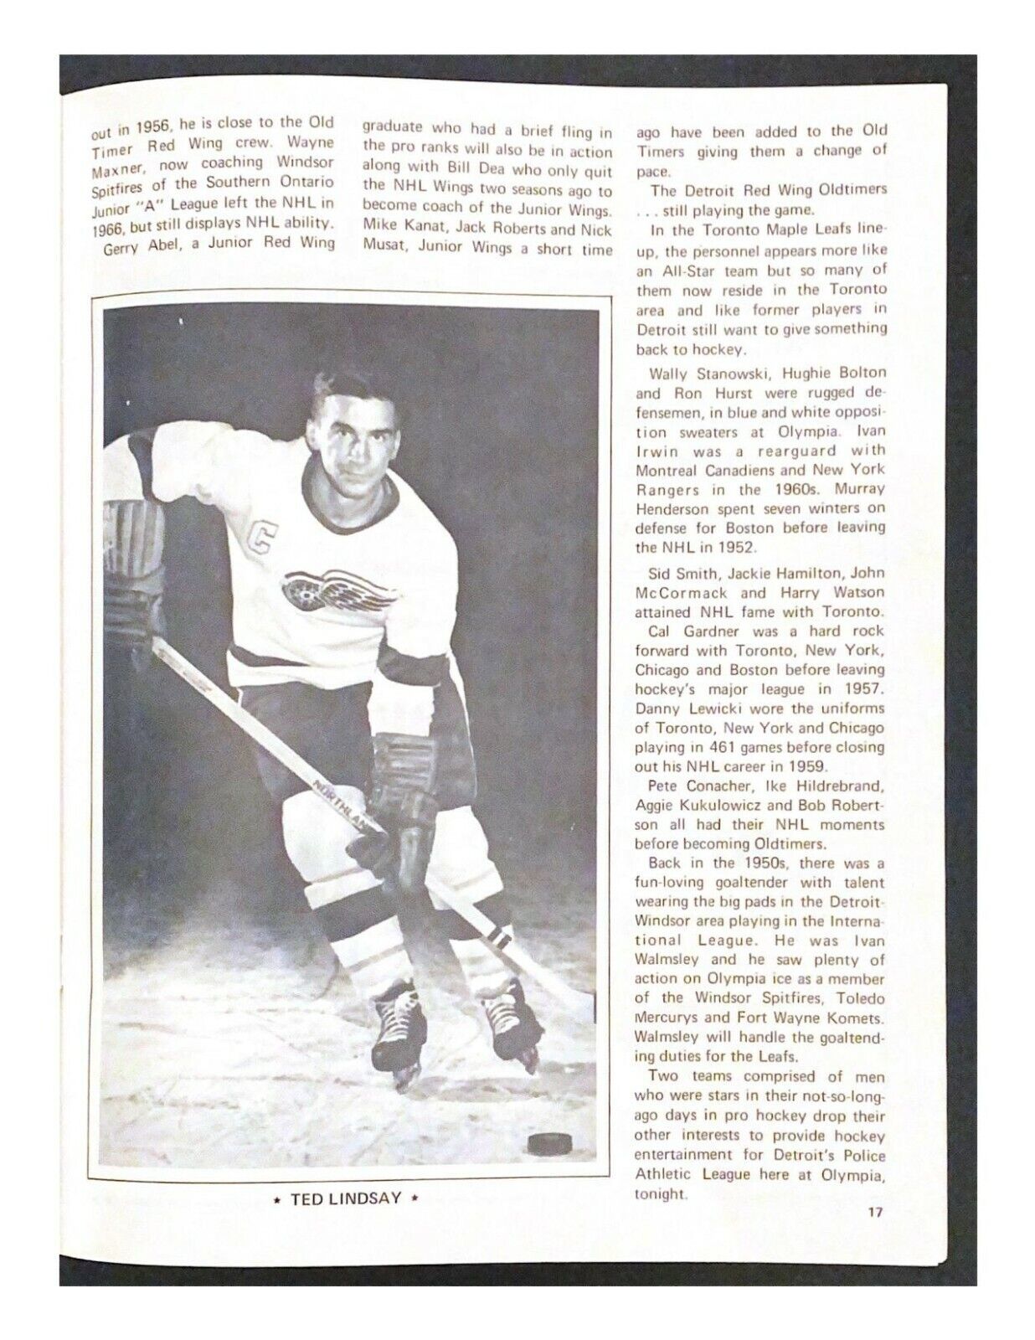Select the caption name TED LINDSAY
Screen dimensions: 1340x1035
345,1198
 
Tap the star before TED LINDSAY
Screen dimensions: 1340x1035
278,1198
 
